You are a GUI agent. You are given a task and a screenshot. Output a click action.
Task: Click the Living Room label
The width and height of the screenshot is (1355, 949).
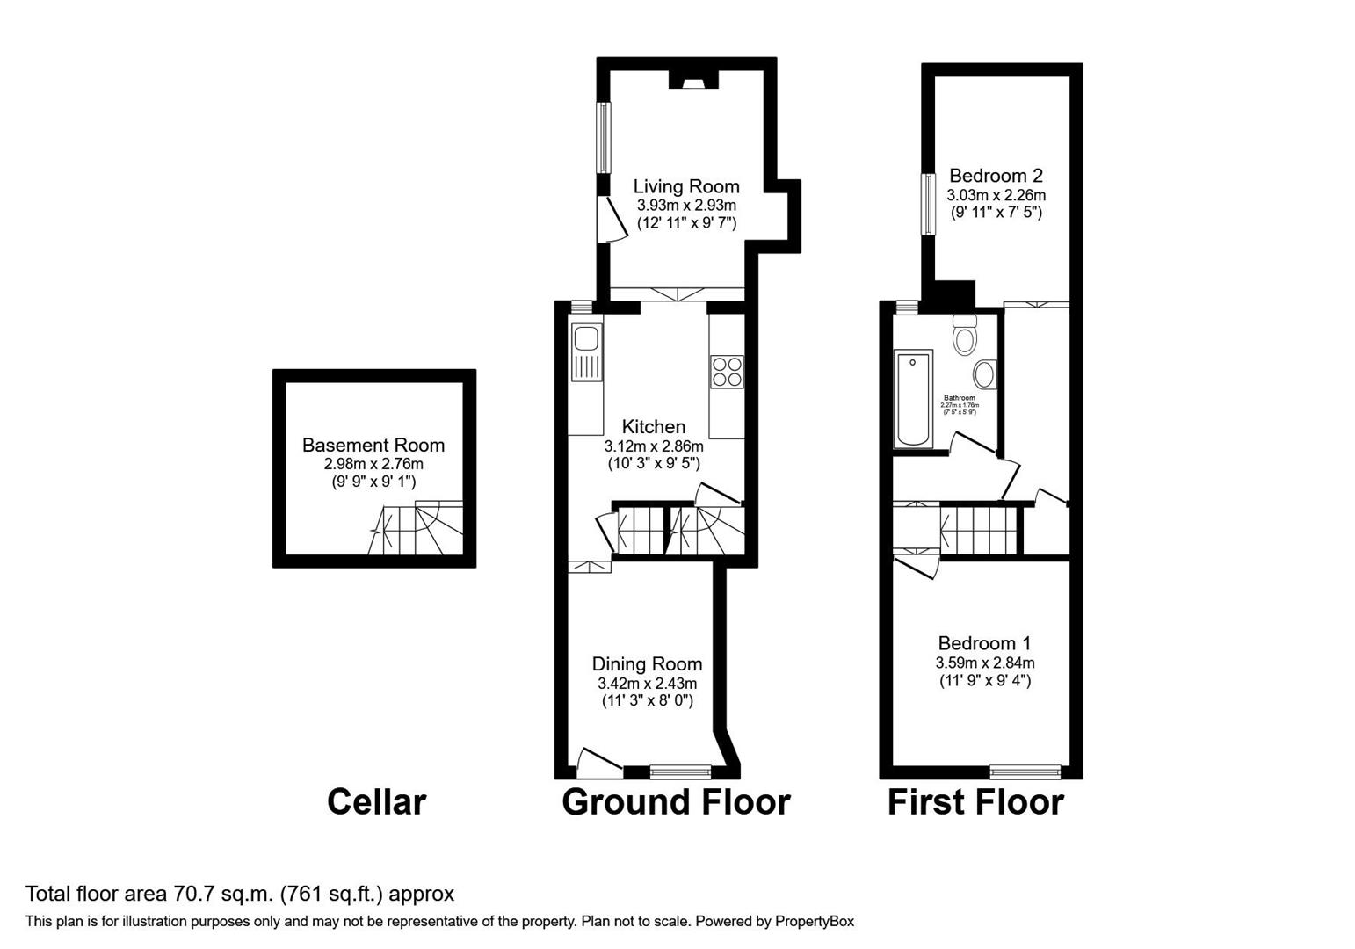pyautogui.click(x=686, y=186)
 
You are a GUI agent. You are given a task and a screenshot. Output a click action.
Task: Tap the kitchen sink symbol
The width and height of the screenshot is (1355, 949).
pyautogui.click(x=584, y=352)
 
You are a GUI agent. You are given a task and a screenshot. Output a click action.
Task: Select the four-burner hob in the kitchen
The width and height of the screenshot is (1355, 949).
pyautogui.click(x=727, y=371)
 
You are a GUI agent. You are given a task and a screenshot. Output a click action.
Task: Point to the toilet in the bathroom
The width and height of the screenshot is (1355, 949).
pyautogui.click(x=964, y=335)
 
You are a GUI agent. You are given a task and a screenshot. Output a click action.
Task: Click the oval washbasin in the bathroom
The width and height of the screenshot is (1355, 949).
pyautogui.click(x=985, y=374)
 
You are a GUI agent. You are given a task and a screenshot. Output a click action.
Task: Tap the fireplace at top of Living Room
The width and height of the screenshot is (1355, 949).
pyautogui.click(x=693, y=82)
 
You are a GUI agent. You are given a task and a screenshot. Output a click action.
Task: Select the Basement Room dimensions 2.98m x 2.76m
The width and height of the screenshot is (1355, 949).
pyautogui.click(x=373, y=464)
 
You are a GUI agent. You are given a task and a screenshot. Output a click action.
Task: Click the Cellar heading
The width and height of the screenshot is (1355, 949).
pyautogui.click(x=376, y=801)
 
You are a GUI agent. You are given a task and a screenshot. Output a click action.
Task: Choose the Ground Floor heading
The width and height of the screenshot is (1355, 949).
pyautogui.click(x=676, y=801)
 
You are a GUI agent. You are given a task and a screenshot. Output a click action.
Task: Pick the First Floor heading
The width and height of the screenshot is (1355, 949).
pyautogui.click(x=975, y=801)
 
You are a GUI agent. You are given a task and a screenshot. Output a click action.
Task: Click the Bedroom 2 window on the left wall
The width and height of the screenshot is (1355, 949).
pyautogui.click(x=927, y=204)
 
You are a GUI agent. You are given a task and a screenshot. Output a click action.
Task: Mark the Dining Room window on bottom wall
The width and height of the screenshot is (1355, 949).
pyautogui.click(x=680, y=772)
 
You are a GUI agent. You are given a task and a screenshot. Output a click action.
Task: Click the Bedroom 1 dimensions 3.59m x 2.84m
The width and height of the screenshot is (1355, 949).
pyautogui.click(x=984, y=663)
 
